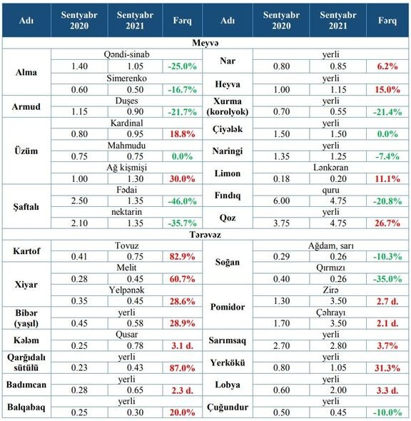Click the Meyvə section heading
pyautogui.click(x=205, y=43)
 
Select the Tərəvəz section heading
pyautogui.click(x=205, y=235)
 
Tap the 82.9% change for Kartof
pyautogui.click(x=182, y=257)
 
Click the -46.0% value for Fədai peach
pyautogui.click(x=182, y=201)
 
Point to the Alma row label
pyautogui.click(x=26, y=72)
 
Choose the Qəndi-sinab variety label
pyautogui.click(x=126, y=54)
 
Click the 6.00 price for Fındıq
pyautogui.click(x=281, y=201)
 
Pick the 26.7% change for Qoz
pyautogui.click(x=387, y=223)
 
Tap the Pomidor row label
pyautogui.click(x=228, y=307)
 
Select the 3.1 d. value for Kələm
pyautogui.click(x=182, y=345)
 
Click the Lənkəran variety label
pyautogui.click(x=331, y=168)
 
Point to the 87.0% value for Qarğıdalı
pyautogui.click(x=182, y=367)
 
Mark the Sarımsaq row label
pyautogui.click(x=227, y=340)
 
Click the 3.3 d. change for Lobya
pyautogui.click(x=387, y=390)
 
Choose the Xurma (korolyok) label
pyautogui.click(x=228, y=106)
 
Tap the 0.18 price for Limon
pyautogui.click(x=281, y=179)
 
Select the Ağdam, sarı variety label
pyautogui.click(x=331, y=245)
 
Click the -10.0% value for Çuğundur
pyautogui.click(x=387, y=412)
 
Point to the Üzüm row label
pyautogui.click(x=26, y=151)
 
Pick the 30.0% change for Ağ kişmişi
pyautogui.click(x=182, y=179)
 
